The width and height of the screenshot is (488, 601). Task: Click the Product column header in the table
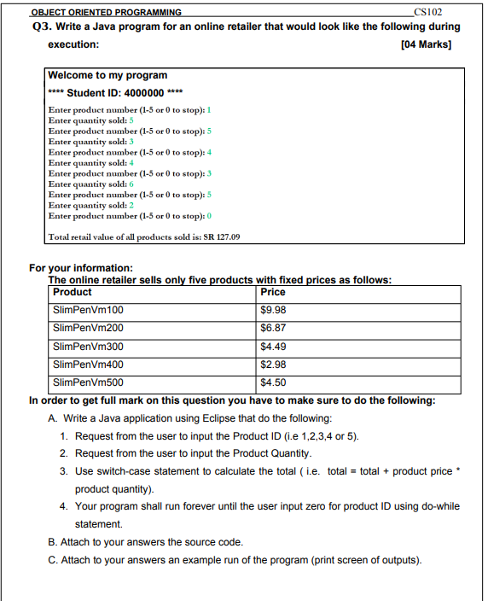tap(73, 292)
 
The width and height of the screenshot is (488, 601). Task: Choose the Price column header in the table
tap(273, 292)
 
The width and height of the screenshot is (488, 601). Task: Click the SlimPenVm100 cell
tap(88, 309)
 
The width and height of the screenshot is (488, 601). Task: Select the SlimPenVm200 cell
tap(88, 327)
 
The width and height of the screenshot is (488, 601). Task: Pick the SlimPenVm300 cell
tap(88, 346)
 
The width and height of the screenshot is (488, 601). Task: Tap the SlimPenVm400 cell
tap(88, 365)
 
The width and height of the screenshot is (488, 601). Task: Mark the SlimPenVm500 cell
tap(88, 382)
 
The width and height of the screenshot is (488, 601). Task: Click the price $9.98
tap(273, 309)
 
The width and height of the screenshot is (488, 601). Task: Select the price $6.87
tap(273, 327)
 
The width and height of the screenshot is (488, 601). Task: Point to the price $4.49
tap(273, 346)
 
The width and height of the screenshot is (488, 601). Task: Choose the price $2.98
tap(273, 365)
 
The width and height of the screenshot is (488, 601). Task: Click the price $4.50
tap(273, 382)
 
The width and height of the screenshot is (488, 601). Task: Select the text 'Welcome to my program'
tap(107, 75)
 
